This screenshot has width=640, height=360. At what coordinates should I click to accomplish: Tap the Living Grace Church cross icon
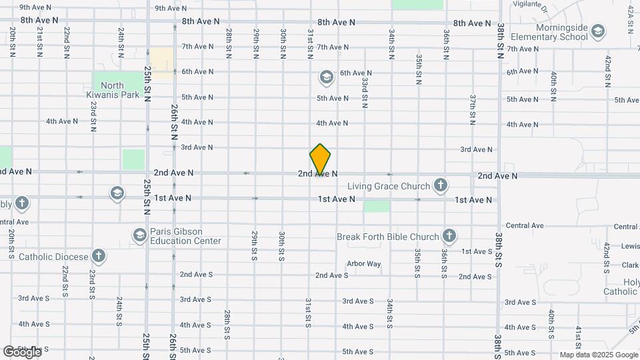[x=440, y=185]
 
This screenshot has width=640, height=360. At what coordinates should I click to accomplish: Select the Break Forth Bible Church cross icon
[x=449, y=235]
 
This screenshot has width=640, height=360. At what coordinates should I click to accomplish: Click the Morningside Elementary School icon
[x=598, y=31]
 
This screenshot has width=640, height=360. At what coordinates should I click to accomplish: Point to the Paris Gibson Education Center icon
[x=140, y=235]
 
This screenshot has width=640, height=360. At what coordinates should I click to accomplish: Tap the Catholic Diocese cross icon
[x=99, y=255]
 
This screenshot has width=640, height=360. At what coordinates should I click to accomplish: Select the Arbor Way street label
[x=364, y=264]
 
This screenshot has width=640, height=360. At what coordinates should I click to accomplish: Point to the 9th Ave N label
[x=171, y=8]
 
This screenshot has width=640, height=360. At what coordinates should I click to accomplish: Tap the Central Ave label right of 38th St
[x=525, y=227]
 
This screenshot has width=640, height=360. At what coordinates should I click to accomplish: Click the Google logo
[x=21, y=351]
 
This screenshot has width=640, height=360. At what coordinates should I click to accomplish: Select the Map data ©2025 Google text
[x=599, y=355]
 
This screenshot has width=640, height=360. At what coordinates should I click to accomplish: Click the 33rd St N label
[x=365, y=92]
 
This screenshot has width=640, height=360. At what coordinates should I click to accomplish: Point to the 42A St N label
[x=630, y=20]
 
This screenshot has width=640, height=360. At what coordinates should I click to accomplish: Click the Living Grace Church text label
[x=390, y=185]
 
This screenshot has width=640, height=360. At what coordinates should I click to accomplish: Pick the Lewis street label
[x=629, y=247]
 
